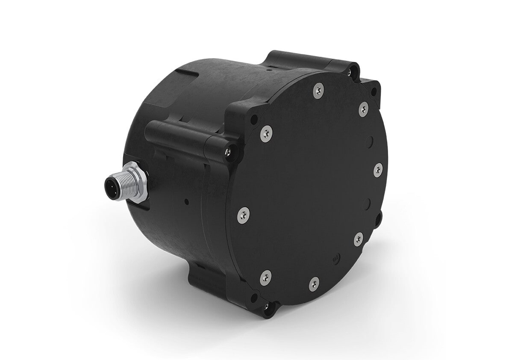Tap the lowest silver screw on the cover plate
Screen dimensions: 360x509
(x=314, y=283)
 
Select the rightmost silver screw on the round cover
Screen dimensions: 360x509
(x=377, y=169)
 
